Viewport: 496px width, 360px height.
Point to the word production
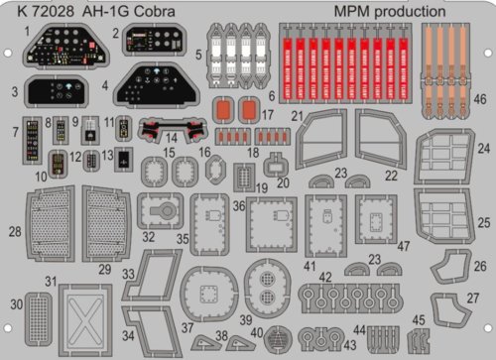pos(423,12)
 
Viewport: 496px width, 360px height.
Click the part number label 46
pos(480,100)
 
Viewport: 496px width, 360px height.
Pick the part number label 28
pos(13,232)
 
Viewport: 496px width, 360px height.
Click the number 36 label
pos(238,205)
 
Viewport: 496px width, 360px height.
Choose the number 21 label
pos(295,117)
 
